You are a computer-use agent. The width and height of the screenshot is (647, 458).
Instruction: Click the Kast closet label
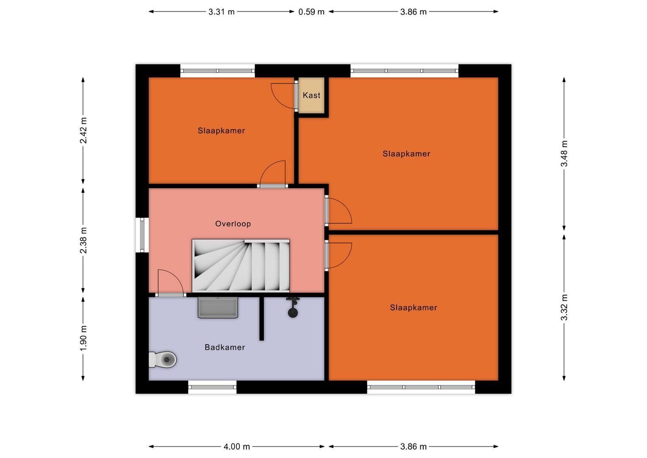(x=311, y=95)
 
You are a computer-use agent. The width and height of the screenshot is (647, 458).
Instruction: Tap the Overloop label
(x=233, y=224)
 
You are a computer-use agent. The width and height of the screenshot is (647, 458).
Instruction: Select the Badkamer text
(x=225, y=347)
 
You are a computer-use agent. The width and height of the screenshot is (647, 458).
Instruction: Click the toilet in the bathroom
(x=162, y=360)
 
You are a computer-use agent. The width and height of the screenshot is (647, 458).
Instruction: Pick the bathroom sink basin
(x=218, y=307)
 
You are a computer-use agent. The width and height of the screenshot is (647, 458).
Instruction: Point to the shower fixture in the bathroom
(x=293, y=307)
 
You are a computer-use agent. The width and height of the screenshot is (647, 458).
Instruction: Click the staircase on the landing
(x=241, y=265)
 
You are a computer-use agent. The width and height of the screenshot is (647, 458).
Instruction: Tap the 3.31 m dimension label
(x=222, y=12)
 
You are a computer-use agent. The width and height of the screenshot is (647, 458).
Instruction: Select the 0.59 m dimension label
(x=311, y=12)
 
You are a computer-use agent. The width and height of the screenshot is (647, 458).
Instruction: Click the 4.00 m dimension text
(x=236, y=447)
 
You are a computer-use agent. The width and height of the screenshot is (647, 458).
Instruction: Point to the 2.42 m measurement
(x=83, y=131)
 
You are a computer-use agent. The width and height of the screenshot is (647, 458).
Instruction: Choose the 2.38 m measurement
(x=83, y=240)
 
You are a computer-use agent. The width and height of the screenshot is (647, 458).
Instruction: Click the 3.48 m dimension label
(x=564, y=154)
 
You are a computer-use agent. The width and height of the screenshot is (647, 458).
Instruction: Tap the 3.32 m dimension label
(x=564, y=307)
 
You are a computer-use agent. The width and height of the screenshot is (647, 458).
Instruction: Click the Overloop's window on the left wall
(x=142, y=235)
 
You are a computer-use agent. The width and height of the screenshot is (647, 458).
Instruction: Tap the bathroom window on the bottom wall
(x=212, y=387)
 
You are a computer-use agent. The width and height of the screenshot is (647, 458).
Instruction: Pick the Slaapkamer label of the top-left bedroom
(x=222, y=131)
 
